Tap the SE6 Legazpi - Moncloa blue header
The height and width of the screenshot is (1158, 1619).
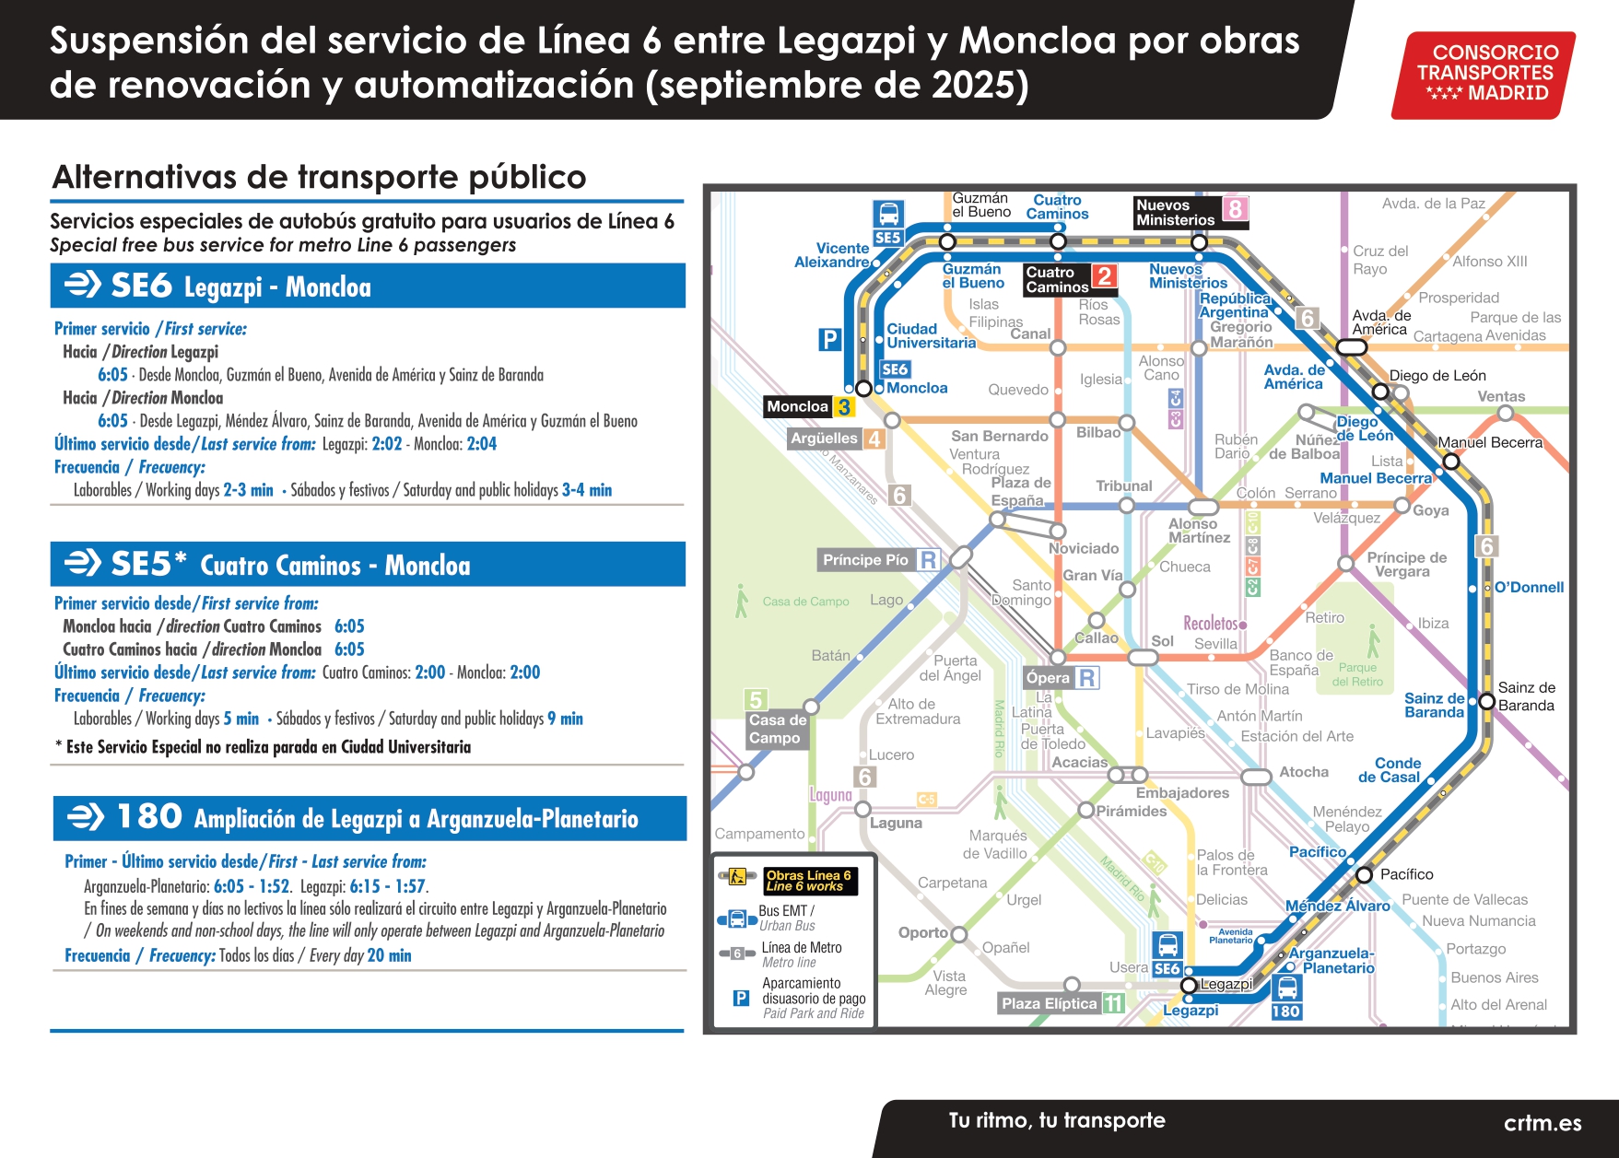pos(368,287)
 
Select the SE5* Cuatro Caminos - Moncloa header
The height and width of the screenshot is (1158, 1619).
pos(368,565)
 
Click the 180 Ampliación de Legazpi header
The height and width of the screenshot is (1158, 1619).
pos(370,818)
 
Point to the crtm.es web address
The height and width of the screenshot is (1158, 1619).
pos(1542,1123)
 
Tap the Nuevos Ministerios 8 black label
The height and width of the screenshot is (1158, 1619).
pos(1190,213)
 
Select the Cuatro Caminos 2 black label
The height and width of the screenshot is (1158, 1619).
pos(1069,279)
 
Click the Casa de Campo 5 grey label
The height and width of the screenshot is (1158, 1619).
pos(777,728)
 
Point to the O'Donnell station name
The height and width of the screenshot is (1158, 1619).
pos(1529,587)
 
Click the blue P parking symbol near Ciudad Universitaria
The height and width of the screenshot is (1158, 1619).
pos(829,339)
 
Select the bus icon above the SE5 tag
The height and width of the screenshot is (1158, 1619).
pos(888,214)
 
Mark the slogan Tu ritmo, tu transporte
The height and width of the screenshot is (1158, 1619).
pos(1057,1120)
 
